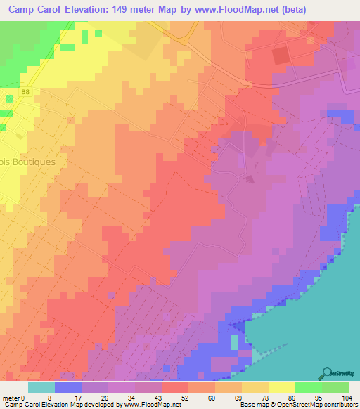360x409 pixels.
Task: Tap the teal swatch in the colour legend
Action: pyautogui.click(x=41, y=387)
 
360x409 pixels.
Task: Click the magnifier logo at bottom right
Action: pyautogui.click(x=326, y=373)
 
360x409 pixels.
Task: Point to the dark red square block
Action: pyautogui.click(x=280, y=55)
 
